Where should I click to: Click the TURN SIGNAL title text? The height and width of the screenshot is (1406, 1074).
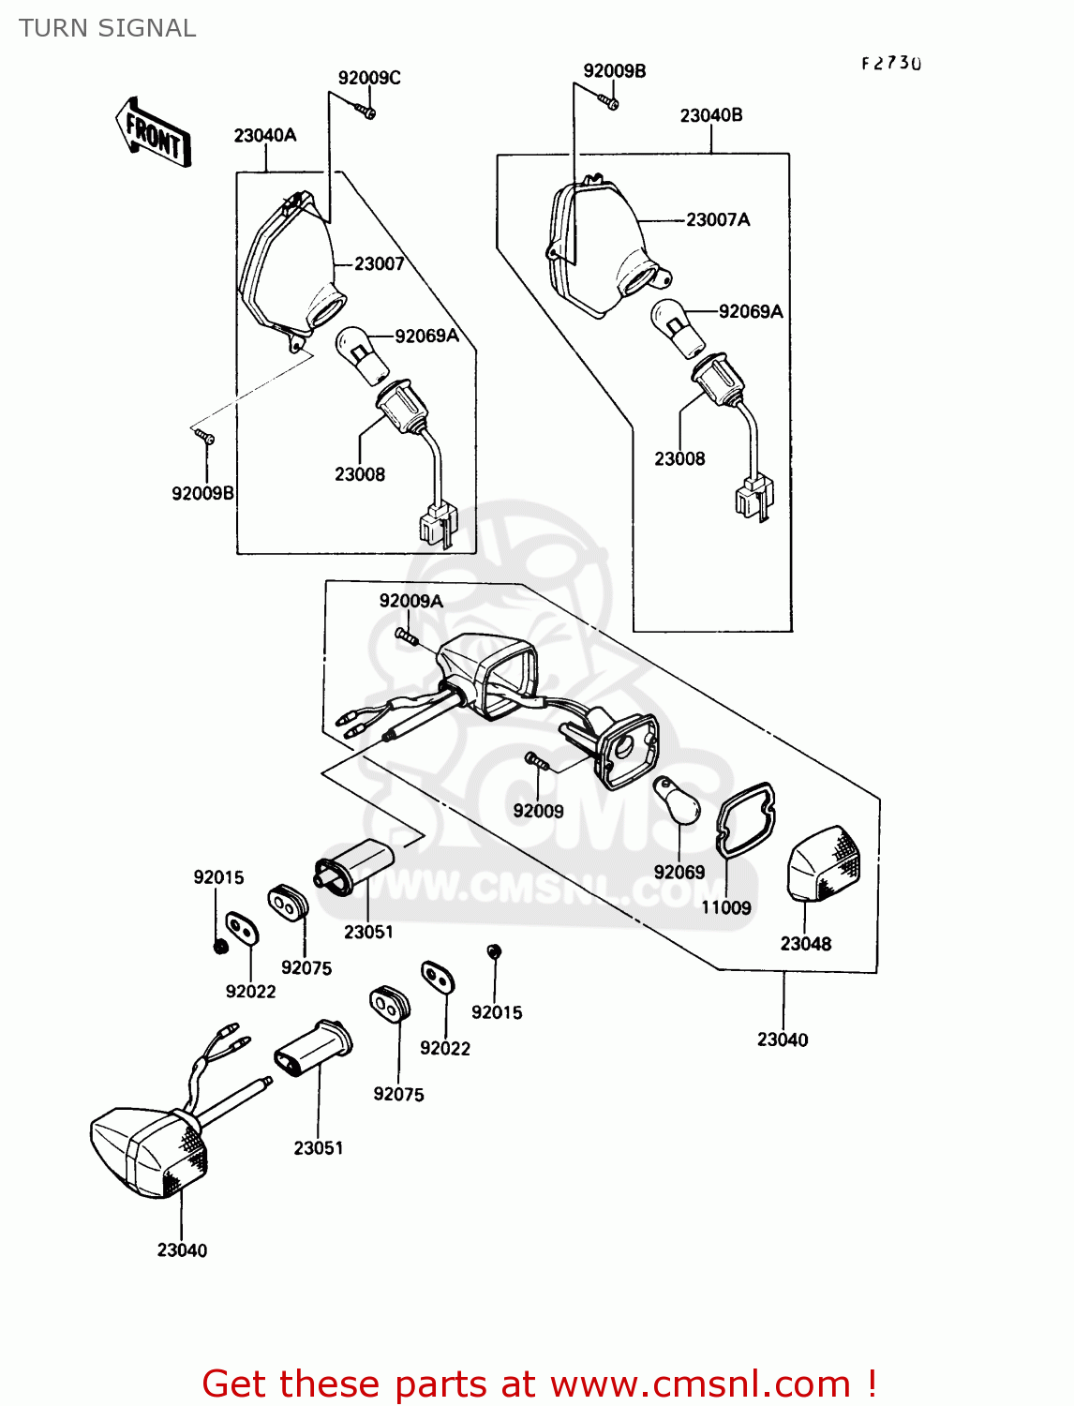point(108,28)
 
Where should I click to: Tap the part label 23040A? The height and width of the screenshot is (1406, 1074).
point(265,135)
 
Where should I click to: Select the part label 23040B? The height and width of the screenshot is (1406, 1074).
point(711,115)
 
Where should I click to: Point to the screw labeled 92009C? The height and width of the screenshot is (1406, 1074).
point(365,111)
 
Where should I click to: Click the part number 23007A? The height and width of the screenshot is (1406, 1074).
point(718,219)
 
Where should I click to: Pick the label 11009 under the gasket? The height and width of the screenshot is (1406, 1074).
point(726,907)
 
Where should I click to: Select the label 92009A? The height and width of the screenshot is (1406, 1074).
point(410,601)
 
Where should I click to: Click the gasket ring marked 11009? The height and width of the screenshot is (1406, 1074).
point(745,818)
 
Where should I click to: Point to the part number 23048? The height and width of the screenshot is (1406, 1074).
point(806,944)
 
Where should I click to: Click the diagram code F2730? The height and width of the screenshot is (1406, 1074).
point(891,63)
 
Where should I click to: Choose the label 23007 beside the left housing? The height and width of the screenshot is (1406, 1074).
point(380,263)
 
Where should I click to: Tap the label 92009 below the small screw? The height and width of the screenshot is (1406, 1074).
point(538,811)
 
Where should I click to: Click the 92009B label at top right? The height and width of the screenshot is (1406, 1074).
point(615,70)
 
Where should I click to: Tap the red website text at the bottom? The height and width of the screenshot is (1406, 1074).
point(539,1384)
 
